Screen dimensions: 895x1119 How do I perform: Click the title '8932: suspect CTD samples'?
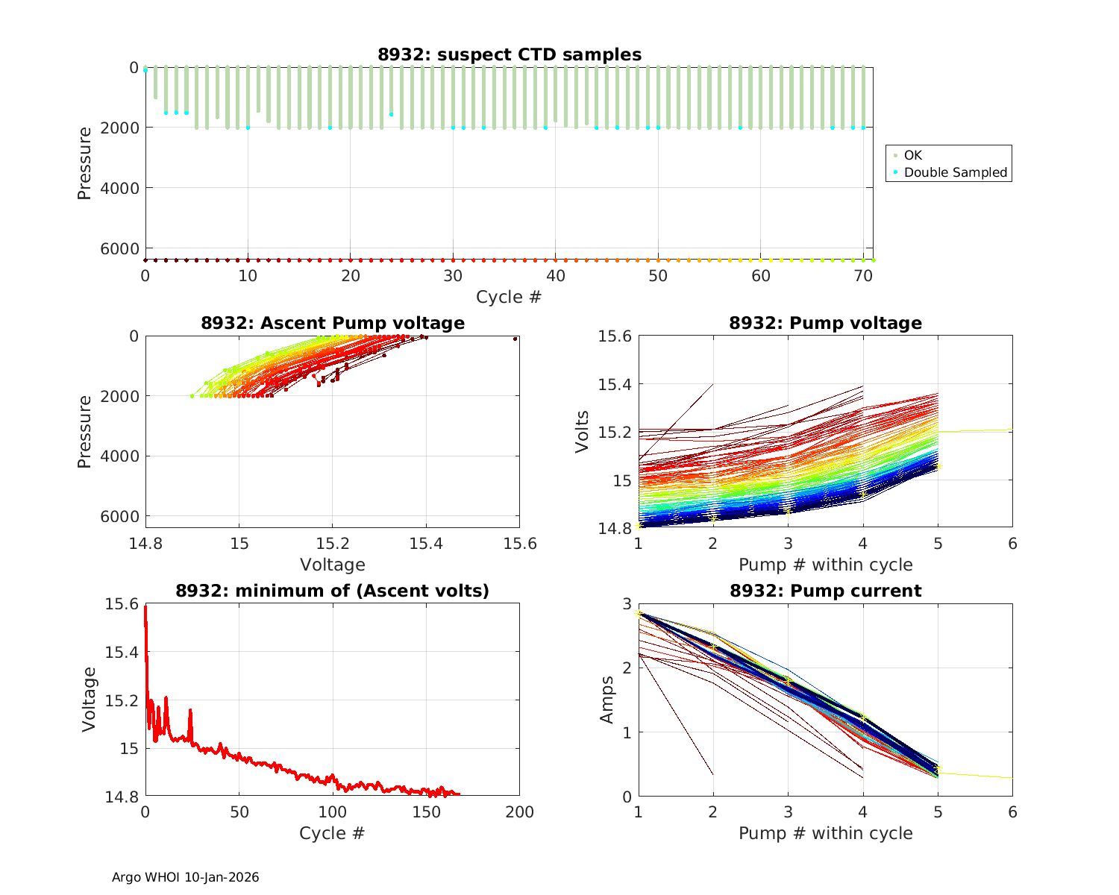(x=509, y=54)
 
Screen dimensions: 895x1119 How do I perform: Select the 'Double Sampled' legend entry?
(x=956, y=172)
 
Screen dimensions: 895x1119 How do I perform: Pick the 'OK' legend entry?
(x=913, y=155)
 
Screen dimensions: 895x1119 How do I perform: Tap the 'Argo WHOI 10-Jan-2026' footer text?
(x=185, y=877)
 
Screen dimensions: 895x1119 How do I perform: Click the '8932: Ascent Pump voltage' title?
(x=333, y=323)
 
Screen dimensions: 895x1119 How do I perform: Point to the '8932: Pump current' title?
(x=825, y=591)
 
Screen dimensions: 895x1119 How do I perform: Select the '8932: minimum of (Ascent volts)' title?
(x=333, y=591)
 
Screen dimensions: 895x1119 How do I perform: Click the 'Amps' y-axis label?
(x=607, y=700)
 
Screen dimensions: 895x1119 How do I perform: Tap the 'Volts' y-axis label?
(x=583, y=432)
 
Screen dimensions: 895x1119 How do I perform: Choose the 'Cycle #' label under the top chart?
(x=509, y=297)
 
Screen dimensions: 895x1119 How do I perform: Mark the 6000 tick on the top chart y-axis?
(x=124, y=248)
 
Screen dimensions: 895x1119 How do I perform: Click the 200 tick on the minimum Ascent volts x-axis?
(x=519, y=812)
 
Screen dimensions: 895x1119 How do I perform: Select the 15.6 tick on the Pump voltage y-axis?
(x=615, y=336)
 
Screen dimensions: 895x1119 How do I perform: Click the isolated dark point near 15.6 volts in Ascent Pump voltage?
(x=515, y=339)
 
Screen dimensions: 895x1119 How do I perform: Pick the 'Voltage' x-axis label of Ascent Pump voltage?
(x=333, y=565)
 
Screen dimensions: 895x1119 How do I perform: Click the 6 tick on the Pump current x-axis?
(x=1012, y=812)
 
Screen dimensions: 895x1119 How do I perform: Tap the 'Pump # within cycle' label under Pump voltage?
(x=825, y=565)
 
